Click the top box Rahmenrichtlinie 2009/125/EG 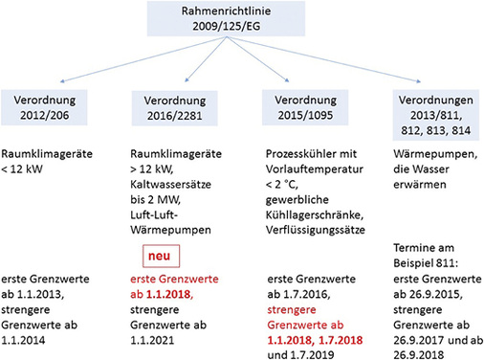[241, 22]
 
